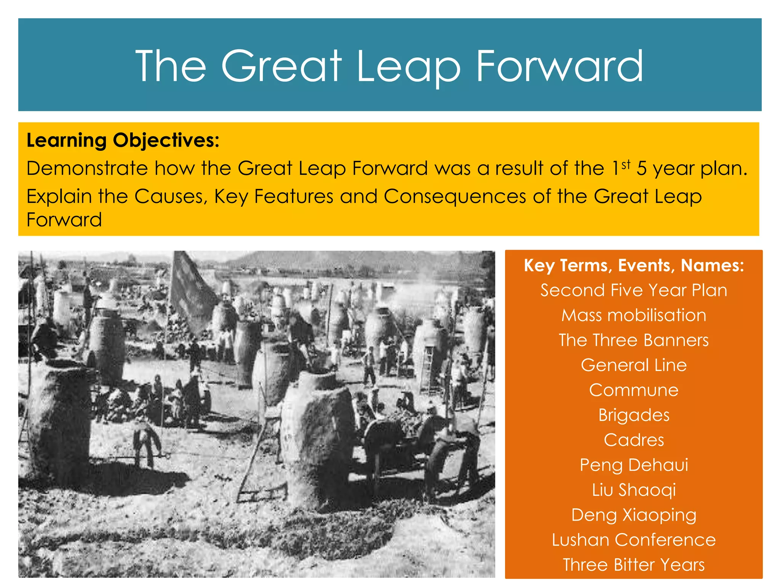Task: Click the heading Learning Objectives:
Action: (x=123, y=140)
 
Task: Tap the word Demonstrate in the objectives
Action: (x=87, y=168)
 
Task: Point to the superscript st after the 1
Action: (x=626, y=165)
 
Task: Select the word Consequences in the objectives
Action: (x=455, y=197)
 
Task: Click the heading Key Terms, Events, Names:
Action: (x=634, y=265)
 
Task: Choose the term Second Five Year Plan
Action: (x=634, y=290)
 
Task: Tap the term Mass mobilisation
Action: (x=634, y=315)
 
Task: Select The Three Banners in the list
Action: (x=634, y=340)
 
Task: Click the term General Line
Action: (x=634, y=365)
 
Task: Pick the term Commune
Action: (x=634, y=390)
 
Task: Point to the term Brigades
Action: (x=634, y=415)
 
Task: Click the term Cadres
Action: (x=634, y=440)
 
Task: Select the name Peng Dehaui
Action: (x=634, y=465)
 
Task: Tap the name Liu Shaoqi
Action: (x=634, y=490)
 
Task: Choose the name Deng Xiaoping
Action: (x=634, y=515)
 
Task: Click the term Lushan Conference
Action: (x=634, y=540)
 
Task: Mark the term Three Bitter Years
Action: (x=634, y=565)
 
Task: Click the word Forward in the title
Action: (x=560, y=67)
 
